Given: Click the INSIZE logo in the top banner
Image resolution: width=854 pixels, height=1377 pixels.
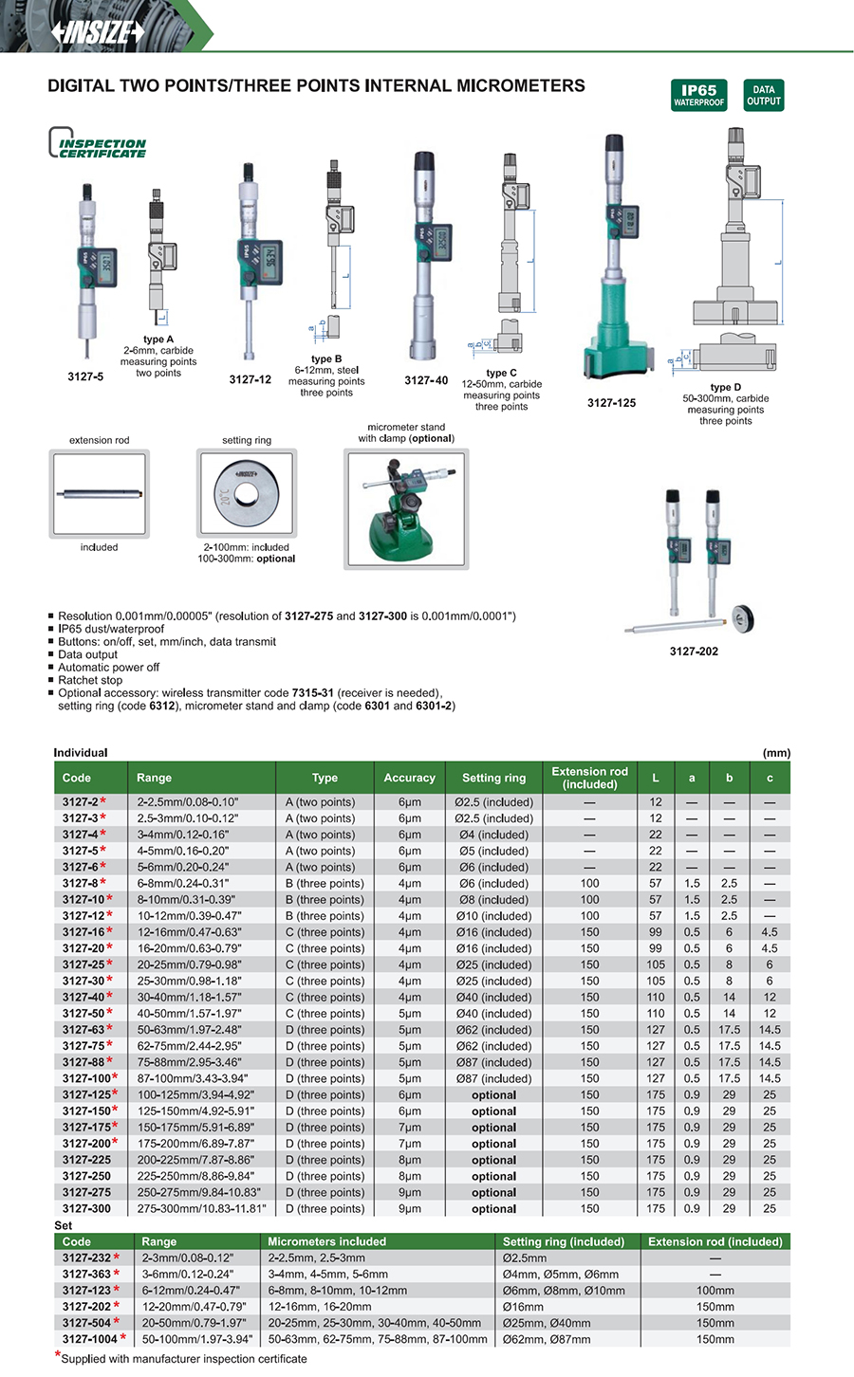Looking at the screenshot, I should (99, 31).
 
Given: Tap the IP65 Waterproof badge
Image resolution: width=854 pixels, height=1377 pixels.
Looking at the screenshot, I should (698, 95).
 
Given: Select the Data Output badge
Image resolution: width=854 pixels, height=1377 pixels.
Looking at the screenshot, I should (763, 95).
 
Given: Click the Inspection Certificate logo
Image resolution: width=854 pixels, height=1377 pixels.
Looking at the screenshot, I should (98, 143).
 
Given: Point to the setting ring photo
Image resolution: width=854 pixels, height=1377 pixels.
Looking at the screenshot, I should (246, 493).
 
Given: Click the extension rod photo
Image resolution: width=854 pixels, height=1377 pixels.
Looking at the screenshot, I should (99, 494).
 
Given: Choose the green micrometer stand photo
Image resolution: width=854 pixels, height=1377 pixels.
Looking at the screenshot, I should (405, 508).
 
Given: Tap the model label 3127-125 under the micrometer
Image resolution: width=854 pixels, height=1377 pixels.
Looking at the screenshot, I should (611, 403).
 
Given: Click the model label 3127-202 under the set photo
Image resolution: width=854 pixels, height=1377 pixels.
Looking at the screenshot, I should (694, 652).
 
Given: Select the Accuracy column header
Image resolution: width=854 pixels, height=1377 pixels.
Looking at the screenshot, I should (409, 778).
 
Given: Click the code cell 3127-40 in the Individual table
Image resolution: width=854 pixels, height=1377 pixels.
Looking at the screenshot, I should (84, 998).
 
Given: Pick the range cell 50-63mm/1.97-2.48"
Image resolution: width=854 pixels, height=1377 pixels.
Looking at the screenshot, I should (189, 1030).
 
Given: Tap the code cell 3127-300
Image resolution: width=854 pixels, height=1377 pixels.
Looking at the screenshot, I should (86, 1209).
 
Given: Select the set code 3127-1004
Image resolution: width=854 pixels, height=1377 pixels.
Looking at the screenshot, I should (89, 1339).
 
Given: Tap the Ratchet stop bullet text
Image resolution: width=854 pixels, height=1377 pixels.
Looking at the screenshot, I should (90, 680).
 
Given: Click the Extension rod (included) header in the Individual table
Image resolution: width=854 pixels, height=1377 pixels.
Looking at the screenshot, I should (589, 778).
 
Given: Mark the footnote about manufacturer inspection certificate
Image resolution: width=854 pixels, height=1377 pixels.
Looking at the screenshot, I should (183, 1359).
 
